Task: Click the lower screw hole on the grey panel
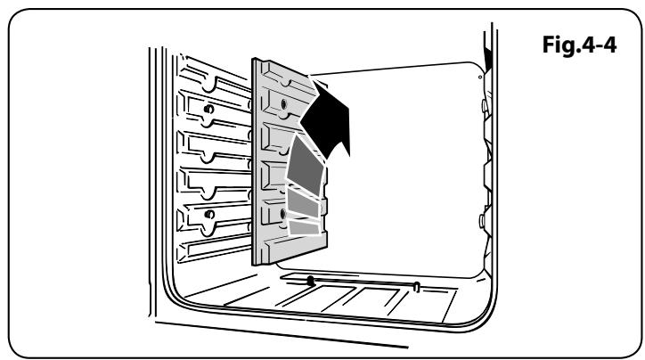coord(282,214)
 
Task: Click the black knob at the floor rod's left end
coord(310,280)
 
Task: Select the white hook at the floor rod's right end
coord(416,285)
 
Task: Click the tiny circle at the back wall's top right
coord(480,78)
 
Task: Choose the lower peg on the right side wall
coord(485,214)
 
